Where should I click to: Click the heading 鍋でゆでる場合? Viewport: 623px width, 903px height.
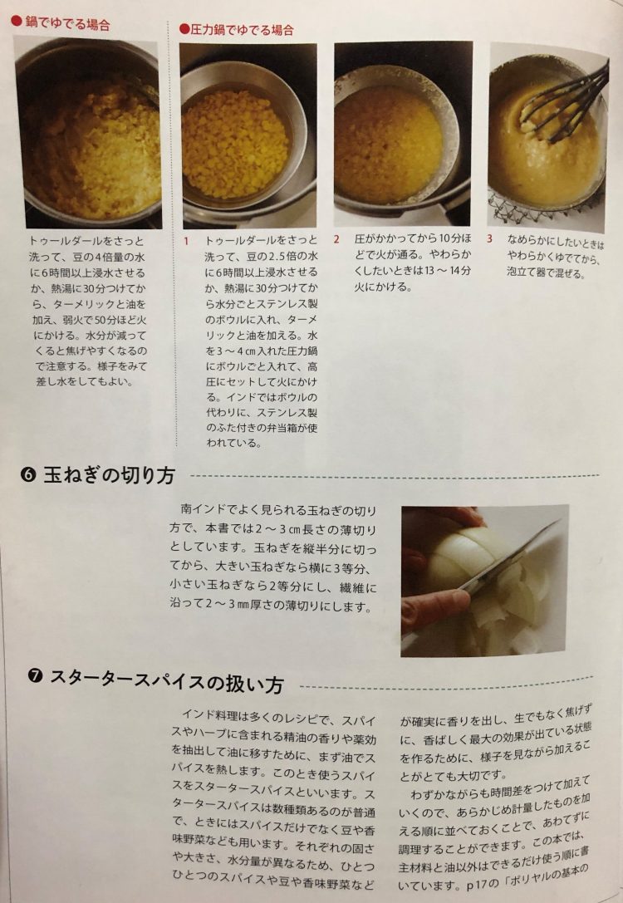tap(67, 23)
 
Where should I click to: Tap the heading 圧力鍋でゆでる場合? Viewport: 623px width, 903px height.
tap(242, 29)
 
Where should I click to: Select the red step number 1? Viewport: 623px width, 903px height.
tap(186, 241)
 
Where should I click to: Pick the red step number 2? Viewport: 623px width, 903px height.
tap(336, 239)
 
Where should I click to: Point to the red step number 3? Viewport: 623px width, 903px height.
tap(489, 238)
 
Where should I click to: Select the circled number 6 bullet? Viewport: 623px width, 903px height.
tap(29, 475)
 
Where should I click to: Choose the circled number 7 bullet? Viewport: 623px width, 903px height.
tap(36, 675)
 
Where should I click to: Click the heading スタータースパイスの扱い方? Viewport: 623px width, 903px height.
tap(167, 680)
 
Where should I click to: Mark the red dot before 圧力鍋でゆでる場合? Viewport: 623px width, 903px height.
tap(184, 29)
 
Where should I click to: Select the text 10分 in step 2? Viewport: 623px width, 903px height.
tap(449, 238)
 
